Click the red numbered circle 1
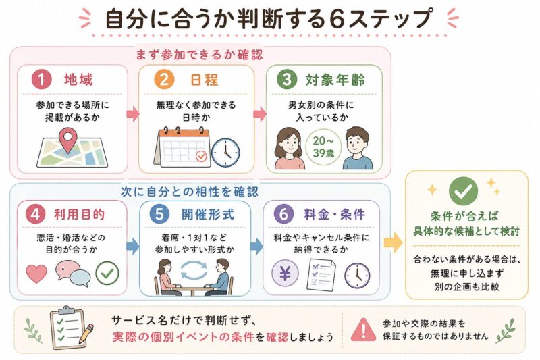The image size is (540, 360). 42,80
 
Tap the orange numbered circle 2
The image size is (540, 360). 164,80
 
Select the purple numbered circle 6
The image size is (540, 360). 283,213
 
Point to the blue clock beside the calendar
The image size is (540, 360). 225,153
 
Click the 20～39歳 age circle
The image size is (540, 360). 323,147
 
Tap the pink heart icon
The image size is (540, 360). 36,274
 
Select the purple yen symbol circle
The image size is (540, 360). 285,274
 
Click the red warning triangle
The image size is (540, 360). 363,330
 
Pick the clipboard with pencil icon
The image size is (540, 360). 72,328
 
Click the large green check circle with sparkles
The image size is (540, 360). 463,192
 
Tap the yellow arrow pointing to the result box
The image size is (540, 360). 393,242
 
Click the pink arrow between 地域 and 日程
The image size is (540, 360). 133,114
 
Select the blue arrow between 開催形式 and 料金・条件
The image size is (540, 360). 256,246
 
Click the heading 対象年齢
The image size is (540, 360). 335,80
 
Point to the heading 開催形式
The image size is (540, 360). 208,214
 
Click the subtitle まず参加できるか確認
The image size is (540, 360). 199,55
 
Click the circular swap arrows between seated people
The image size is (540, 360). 194,269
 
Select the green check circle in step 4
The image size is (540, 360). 107,274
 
